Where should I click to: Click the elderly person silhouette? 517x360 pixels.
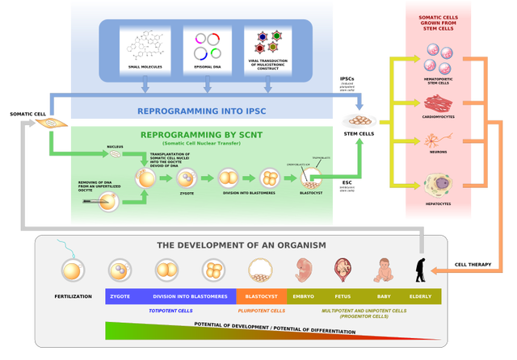point(421,270)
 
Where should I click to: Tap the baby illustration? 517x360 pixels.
point(384,269)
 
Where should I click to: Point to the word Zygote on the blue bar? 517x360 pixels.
point(120,296)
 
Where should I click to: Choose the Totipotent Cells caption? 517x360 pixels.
point(170,310)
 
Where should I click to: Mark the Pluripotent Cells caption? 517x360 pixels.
point(261,310)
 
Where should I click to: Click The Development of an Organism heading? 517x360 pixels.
point(230,245)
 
